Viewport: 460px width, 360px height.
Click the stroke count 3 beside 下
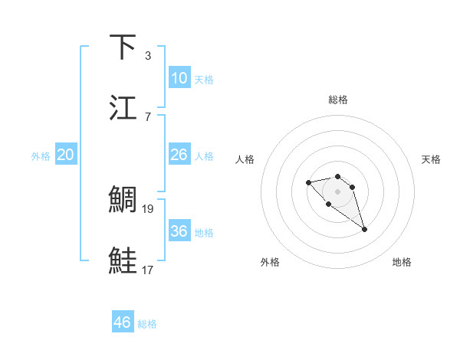148,55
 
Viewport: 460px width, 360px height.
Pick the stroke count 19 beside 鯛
149,208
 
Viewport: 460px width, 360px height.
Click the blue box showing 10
179,78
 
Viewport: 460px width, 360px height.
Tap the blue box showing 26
179,155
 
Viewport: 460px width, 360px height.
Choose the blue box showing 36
179,231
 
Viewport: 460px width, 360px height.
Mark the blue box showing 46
123,322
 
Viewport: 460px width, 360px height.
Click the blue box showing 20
66,155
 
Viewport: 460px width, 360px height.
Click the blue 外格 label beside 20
41,156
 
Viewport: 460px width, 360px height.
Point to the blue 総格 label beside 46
147,324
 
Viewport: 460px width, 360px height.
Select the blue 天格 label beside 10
204,80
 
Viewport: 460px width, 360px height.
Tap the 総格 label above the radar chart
338,100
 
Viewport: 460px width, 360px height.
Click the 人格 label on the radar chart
245,159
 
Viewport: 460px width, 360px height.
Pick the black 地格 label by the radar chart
402,262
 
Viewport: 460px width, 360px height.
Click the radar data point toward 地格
365,229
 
